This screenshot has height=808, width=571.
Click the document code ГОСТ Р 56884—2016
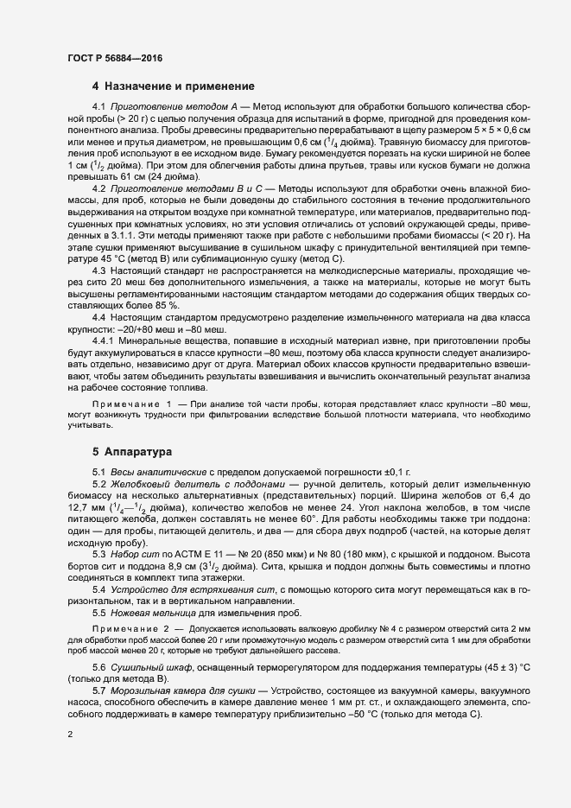113,59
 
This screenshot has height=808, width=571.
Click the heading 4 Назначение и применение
173,86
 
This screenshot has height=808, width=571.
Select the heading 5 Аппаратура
133,452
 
